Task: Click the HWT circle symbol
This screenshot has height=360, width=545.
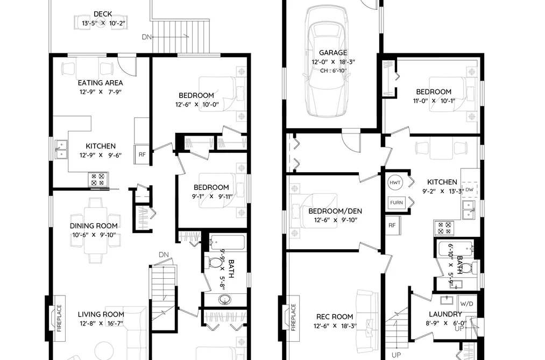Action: pyautogui.click(x=395, y=183)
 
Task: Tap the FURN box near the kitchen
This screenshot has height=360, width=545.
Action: pyautogui.click(x=396, y=202)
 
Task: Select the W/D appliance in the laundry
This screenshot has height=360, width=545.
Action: pyautogui.click(x=467, y=303)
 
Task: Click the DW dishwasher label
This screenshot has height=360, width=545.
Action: pyautogui.click(x=469, y=189)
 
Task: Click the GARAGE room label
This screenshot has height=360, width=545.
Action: pyautogui.click(x=333, y=53)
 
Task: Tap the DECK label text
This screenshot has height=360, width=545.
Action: pyautogui.click(x=103, y=14)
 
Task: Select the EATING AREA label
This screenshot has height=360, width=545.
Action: pyautogui.click(x=100, y=83)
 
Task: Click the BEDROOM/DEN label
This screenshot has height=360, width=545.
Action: pyautogui.click(x=335, y=211)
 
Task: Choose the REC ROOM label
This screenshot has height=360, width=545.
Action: pyautogui.click(x=334, y=316)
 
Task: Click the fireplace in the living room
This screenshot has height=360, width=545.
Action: pyautogui.click(x=55, y=318)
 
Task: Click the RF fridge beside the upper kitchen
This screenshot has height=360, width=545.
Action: pyautogui.click(x=142, y=154)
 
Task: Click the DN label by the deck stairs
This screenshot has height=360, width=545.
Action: pyautogui.click(x=147, y=37)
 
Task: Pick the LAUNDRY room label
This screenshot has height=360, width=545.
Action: pyautogui.click(x=445, y=314)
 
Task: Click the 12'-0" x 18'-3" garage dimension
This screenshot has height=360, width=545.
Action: pyautogui.click(x=333, y=62)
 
